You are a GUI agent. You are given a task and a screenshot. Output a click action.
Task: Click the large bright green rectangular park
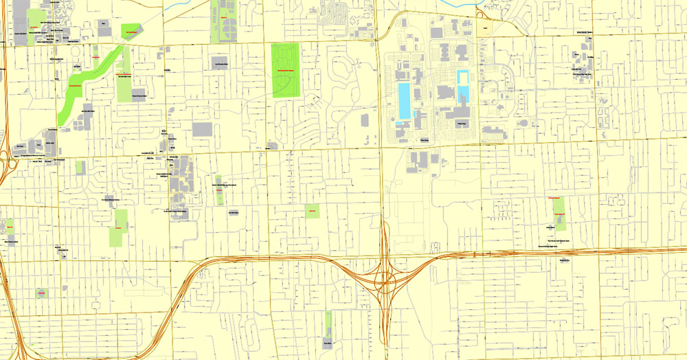coord(286,70)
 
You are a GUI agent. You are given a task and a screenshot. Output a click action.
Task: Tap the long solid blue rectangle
coord(403,101)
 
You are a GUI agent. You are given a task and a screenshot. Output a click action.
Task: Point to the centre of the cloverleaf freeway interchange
coord(385,278)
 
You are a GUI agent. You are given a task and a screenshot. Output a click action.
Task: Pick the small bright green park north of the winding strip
coord(130,30)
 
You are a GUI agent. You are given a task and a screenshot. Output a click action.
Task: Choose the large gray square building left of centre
coord(202,129)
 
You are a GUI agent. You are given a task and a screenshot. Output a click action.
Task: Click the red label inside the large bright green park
coord(286,71)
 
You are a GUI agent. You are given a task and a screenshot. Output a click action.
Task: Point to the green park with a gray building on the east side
coord(558,213)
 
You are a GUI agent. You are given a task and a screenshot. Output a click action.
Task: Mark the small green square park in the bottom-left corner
coord(41,293)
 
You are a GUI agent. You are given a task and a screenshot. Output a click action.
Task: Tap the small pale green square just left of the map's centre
coord(313,211)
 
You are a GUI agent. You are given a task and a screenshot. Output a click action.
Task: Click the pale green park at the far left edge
coord(10,226)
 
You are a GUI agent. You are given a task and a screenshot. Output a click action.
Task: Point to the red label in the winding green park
coord(74,85)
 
